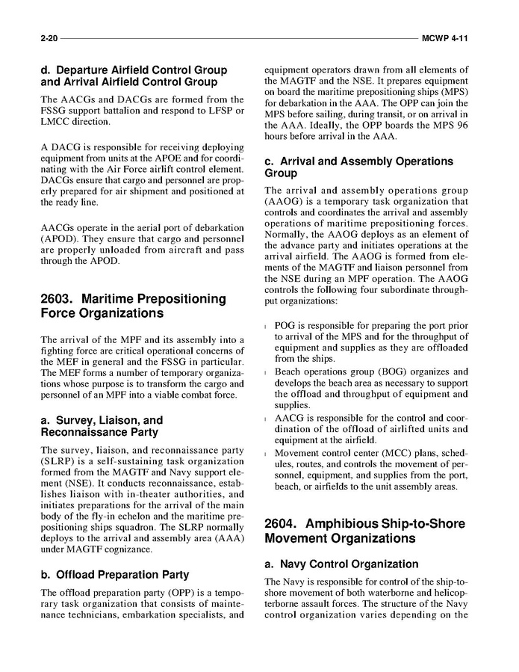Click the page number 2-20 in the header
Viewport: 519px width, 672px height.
[50, 37]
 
